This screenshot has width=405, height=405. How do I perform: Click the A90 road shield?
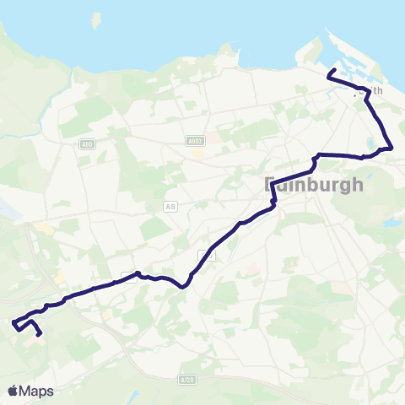pyautogui.click(x=87, y=145)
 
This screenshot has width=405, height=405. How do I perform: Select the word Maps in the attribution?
pyautogui.click(x=38, y=391)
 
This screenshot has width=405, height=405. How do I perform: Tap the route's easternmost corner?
pyautogui.click(x=392, y=148)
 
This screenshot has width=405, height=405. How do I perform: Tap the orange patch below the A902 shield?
pyautogui.click(x=197, y=154)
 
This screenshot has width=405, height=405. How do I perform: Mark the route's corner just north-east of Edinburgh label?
pyautogui.click(x=316, y=156)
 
